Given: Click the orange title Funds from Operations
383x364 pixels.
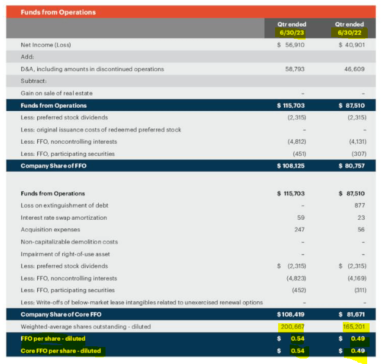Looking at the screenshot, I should (x=58, y=12).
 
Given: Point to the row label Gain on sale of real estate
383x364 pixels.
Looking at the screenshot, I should (x=57, y=93).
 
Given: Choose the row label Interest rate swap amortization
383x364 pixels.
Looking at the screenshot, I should (x=63, y=217).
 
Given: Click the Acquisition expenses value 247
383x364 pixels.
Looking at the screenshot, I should (x=299, y=229).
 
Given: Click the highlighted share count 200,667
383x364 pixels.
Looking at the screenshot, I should (x=292, y=327).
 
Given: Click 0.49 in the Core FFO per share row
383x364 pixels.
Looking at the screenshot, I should (x=357, y=351).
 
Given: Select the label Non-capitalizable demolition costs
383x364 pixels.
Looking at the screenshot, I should (x=69, y=242).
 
